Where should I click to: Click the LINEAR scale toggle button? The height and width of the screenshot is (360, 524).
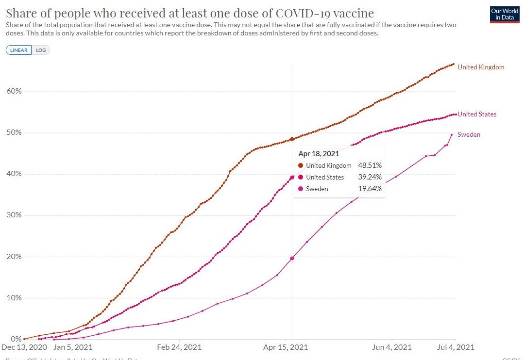[19, 50]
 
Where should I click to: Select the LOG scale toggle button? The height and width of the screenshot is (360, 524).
[41, 50]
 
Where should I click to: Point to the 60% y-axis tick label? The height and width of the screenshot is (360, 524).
[14, 91]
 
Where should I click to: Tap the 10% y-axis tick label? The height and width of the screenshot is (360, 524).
[14, 298]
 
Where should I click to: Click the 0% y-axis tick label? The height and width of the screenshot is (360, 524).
[16, 339]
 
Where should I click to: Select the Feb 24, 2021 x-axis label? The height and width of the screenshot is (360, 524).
[179, 347]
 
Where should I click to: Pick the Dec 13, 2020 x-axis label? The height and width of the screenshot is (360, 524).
[24, 347]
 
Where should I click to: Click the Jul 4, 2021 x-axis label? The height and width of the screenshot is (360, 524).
[456, 347]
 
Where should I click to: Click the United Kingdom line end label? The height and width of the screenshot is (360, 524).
[481, 67]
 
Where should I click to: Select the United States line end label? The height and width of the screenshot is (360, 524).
[477, 115]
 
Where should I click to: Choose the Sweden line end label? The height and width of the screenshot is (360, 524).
[469, 135]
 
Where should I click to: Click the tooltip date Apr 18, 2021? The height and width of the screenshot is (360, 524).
[319, 154]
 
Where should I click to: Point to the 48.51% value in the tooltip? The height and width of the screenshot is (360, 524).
[370, 166]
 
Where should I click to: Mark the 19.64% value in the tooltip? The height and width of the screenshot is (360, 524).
[370, 189]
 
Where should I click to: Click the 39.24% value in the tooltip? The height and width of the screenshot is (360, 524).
[370, 178]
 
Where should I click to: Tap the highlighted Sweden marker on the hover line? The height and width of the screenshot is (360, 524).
[292, 259]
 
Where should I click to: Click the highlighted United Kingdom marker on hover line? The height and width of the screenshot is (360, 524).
[292, 139]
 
